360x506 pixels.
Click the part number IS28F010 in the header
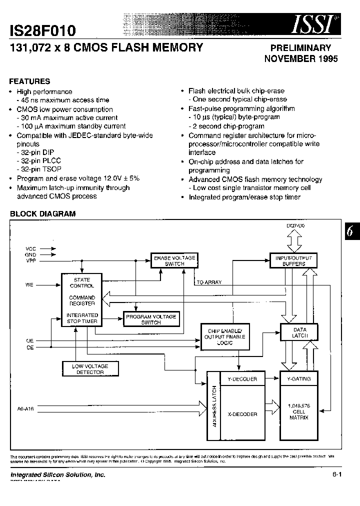pos(43,31)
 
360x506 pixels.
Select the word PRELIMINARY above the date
pos(300,48)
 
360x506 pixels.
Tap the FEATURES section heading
pos(30,81)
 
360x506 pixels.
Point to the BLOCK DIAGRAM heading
pos(43,213)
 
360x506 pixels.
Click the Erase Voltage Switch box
pos(174,260)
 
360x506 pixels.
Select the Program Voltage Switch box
pos(150,319)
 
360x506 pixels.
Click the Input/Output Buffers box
pos(293,260)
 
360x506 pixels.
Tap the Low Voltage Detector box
pos(90,369)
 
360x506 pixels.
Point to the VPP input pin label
pos(30,261)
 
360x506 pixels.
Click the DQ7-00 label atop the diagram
pos(295,226)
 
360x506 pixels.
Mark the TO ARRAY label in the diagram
pos(209,282)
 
